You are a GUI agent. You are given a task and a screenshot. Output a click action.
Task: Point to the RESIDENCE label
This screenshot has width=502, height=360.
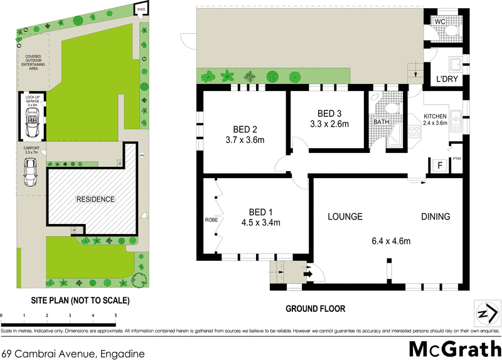point(95,199)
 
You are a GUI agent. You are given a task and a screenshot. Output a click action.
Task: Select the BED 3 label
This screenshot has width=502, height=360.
point(329,114)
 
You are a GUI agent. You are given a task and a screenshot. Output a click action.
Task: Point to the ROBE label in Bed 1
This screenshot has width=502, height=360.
point(210,221)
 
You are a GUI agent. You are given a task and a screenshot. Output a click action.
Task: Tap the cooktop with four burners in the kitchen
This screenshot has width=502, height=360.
point(415,132)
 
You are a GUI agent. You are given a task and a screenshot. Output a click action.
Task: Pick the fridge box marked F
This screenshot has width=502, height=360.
point(439,166)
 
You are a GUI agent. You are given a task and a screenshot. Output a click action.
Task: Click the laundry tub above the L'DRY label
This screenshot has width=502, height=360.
point(455,65)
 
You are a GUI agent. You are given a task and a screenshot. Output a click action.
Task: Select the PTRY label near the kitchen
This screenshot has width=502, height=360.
point(457,159)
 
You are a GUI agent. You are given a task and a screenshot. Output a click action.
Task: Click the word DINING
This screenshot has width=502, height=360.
point(435,217)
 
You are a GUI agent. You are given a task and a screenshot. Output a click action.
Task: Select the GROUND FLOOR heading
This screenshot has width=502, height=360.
point(315,309)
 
